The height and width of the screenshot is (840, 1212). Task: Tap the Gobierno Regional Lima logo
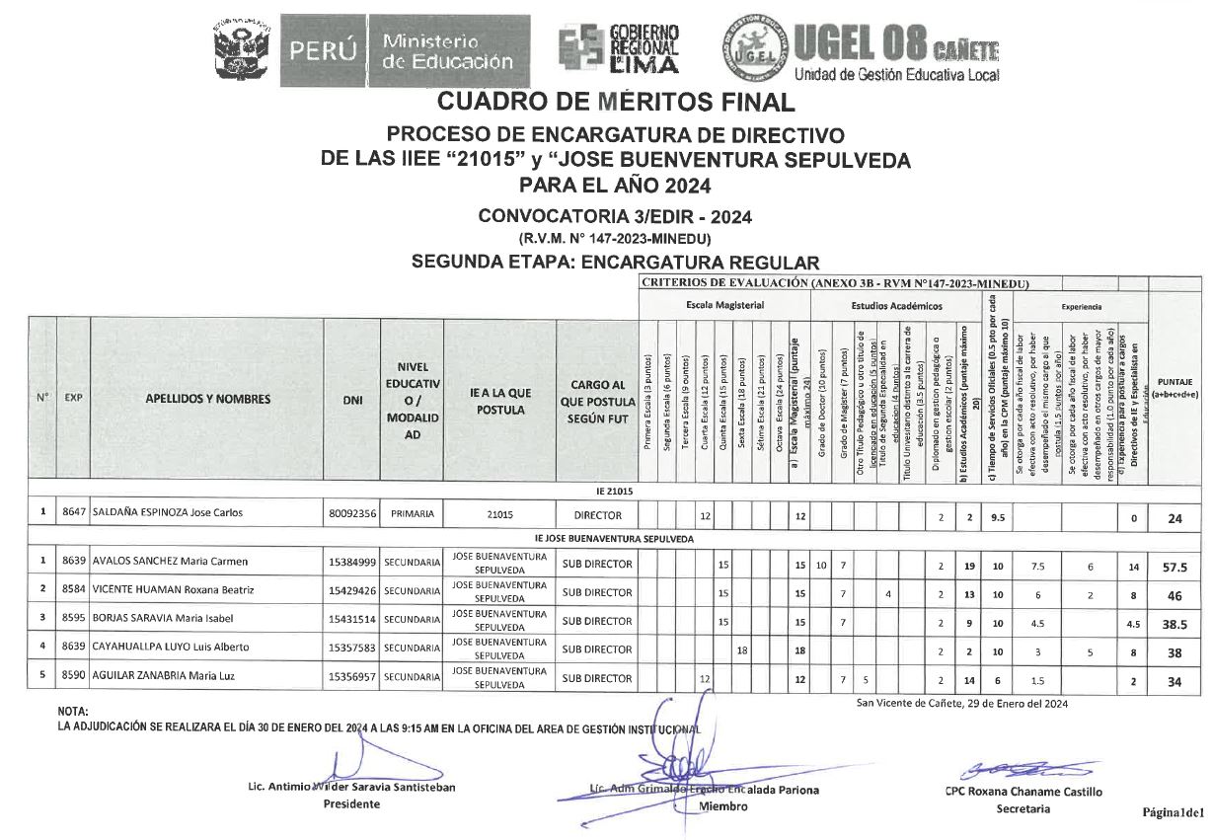point(619,49)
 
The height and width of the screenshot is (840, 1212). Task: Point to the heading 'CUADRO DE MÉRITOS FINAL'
point(615,102)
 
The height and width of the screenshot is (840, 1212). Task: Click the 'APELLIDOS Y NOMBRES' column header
point(207,399)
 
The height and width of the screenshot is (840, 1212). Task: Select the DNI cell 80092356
point(351,514)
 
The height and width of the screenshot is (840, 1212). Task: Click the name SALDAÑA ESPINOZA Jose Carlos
point(167,514)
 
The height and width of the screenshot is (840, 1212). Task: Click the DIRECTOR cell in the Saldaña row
point(597,514)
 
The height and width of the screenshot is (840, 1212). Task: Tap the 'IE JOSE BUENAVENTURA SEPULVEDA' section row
point(614,539)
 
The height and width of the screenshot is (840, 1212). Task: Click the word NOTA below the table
point(73,712)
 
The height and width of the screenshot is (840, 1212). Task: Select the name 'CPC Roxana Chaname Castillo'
point(1023,792)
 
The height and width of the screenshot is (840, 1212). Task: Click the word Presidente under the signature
point(351,804)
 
